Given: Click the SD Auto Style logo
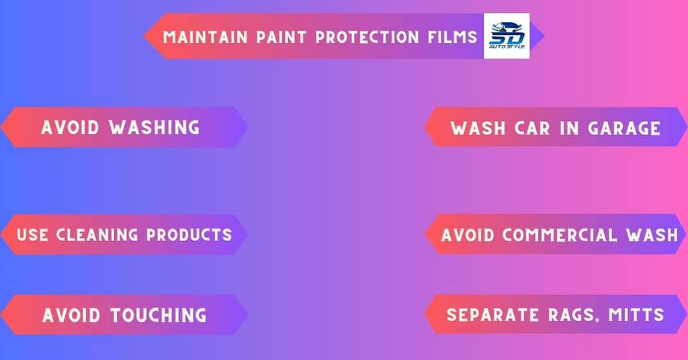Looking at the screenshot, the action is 507,36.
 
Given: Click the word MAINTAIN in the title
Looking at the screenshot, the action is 205,37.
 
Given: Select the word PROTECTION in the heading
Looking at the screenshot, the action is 368,37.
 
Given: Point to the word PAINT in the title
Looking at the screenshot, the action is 282,37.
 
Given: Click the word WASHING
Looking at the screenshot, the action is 155,128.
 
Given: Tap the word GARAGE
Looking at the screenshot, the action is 624,128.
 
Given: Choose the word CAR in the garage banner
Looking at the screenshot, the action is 532,128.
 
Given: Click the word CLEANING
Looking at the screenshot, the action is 97,235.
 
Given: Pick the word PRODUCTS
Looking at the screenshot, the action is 189,235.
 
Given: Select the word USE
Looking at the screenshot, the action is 32,235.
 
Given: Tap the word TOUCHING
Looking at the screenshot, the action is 159,315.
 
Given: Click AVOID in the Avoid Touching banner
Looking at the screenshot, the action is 71,315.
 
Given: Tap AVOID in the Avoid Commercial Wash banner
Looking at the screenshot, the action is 468,236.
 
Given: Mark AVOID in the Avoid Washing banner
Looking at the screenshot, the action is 70,128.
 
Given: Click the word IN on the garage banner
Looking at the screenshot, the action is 568,128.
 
